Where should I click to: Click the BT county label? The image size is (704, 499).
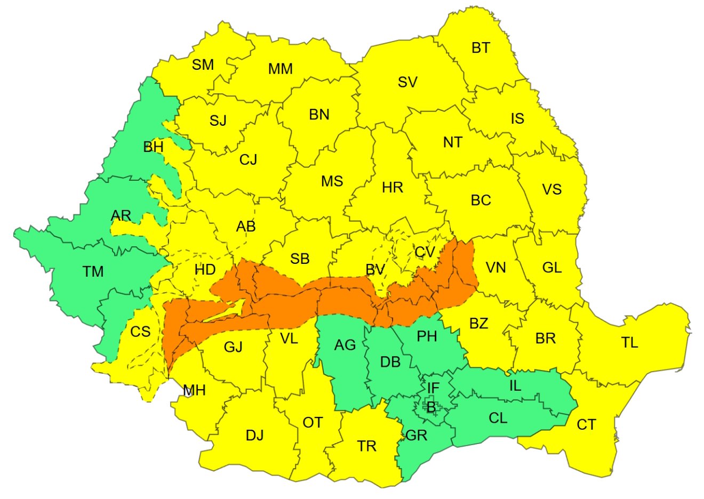point(481,48)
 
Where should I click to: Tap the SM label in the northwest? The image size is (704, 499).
point(203,65)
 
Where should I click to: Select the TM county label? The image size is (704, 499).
point(93,272)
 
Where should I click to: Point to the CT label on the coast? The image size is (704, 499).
point(586,425)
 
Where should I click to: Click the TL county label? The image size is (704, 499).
point(629,343)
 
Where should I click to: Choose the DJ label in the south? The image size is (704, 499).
point(254,436)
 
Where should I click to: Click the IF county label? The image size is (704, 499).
point(433,388)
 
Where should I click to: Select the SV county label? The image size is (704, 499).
point(407,82)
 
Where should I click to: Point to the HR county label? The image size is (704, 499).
point(393,188)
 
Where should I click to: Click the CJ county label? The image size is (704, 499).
point(248,159)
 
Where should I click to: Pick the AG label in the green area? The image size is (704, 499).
point(345,345)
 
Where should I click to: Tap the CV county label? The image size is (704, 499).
point(425,252)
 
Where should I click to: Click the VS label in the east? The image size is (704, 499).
point(551,189)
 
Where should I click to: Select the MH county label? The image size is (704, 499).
point(194,391)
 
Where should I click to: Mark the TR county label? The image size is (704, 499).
point(366,446)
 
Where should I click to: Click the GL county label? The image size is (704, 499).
point(552,267)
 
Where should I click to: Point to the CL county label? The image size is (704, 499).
point(498,418)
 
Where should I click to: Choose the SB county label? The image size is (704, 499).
point(300,259)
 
